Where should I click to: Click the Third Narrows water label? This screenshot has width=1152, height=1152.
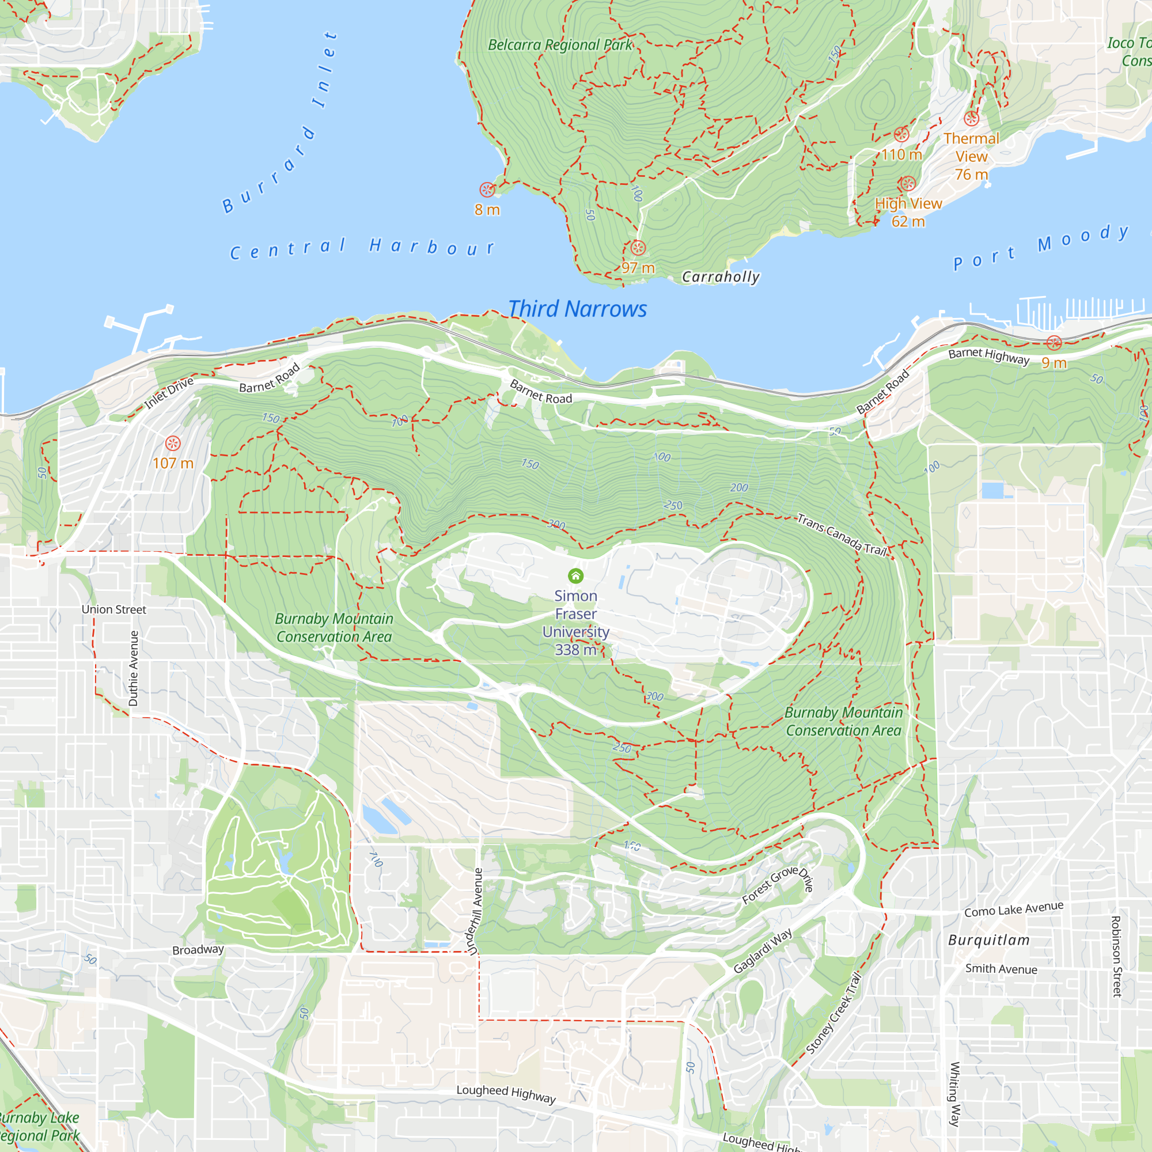(577, 309)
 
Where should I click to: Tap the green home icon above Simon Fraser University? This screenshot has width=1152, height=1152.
(575, 575)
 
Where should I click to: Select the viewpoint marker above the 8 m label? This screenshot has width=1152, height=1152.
(487, 190)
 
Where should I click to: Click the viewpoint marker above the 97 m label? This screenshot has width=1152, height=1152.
(638, 248)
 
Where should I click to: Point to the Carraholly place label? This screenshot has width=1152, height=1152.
(721, 276)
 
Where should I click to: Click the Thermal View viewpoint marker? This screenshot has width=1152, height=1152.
(971, 118)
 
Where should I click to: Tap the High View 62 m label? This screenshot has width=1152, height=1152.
(908, 213)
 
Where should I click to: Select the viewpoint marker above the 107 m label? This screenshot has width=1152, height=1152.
(173, 443)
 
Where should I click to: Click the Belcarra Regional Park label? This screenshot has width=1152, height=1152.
(560, 45)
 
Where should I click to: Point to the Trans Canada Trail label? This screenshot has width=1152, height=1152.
(842, 535)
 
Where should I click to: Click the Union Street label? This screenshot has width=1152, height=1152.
(113, 609)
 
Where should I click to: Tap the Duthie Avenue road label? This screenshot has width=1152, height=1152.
(134, 668)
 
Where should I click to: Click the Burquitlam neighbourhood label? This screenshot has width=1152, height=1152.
(988, 941)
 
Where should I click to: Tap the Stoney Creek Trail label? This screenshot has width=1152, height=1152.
(833, 1013)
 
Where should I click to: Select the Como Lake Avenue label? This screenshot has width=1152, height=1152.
(1014, 910)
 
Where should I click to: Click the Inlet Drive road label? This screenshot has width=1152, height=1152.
(169, 393)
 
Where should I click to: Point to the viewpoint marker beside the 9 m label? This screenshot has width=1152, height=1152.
(1054, 343)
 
